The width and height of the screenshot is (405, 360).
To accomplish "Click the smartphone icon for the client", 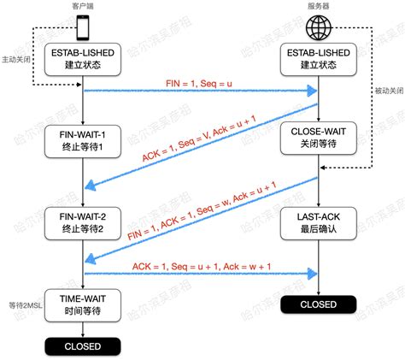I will [x=83, y=27].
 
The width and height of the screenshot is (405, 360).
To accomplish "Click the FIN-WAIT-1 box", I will [x=83, y=139].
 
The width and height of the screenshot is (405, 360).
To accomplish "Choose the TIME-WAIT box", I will [x=83, y=304].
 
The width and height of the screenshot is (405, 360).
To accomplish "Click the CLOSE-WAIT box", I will [x=319, y=139].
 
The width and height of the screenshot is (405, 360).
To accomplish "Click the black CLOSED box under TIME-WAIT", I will [x=83, y=346].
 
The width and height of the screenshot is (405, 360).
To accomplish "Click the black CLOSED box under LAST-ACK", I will [x=319, y=304].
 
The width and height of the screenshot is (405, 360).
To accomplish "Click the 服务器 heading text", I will [x=319, y=6].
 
